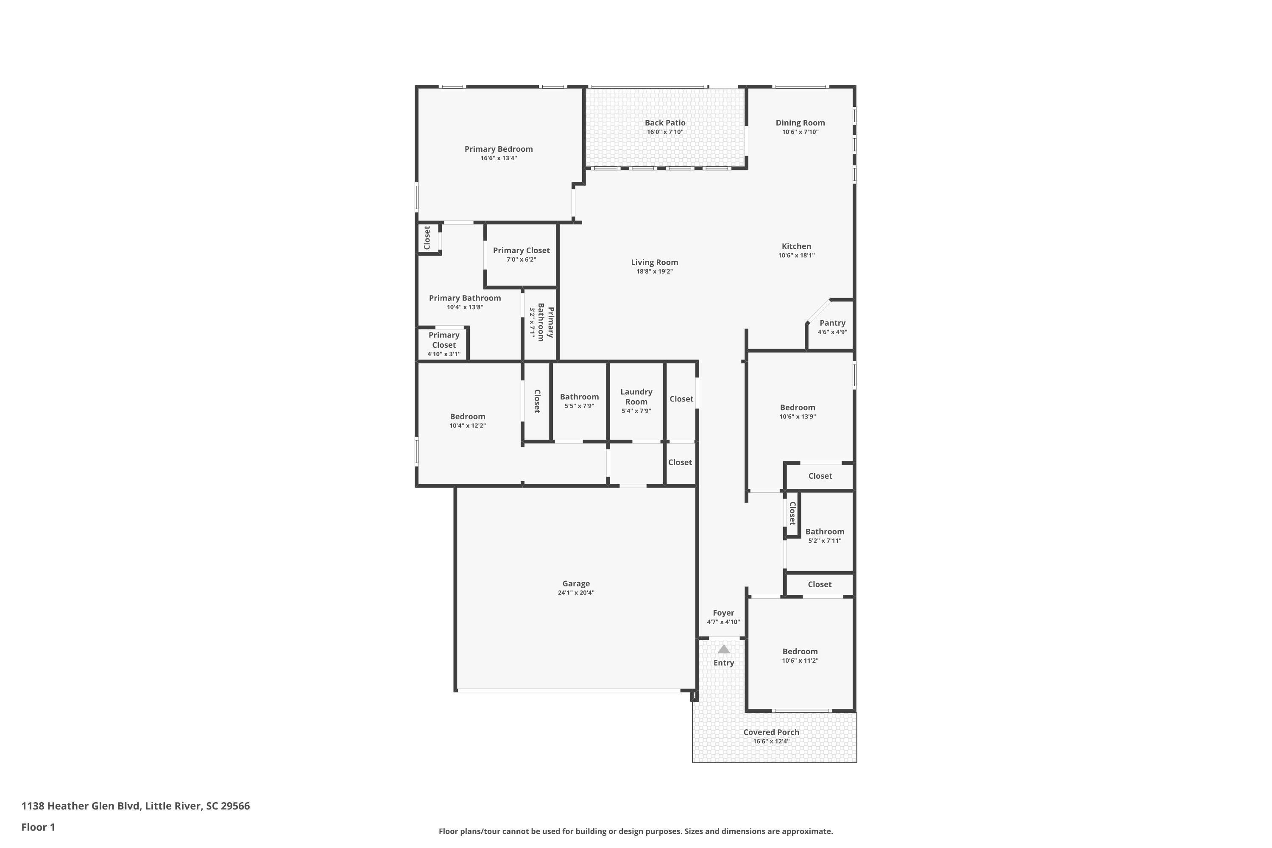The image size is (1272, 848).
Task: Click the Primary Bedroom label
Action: [x=499, y=149]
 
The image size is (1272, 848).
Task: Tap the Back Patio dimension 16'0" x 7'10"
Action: [x=665, y=132]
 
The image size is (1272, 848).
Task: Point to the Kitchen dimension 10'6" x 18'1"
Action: [x=797, y=255]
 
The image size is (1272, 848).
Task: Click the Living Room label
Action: [x=654, y=262]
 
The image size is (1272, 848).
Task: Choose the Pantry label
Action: [x=832, y=323]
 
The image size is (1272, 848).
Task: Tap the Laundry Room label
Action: [x=636, y=396]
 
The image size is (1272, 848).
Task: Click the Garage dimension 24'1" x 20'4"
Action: [x=576, y=592]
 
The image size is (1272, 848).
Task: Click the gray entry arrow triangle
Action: [x=724, y=649]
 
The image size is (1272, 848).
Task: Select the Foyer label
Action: [x=724, y=613]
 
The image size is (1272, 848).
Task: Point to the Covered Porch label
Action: [x=771, y=732]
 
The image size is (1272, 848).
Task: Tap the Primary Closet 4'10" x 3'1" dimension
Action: [x=444, y=354]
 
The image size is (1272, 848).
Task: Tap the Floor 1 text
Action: [x=39, y=827]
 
